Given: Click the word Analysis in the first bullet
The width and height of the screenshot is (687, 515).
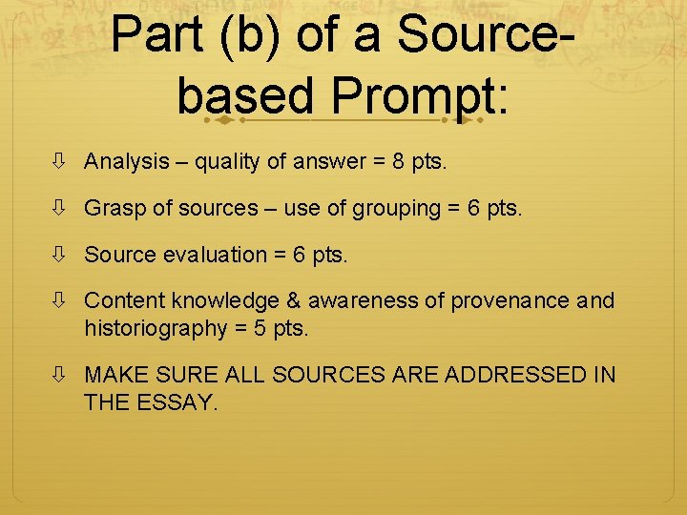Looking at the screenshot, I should (126, 162).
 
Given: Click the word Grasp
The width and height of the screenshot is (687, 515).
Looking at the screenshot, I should (111, 209).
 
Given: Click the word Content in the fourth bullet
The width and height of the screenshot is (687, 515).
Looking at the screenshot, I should (122, 301).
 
